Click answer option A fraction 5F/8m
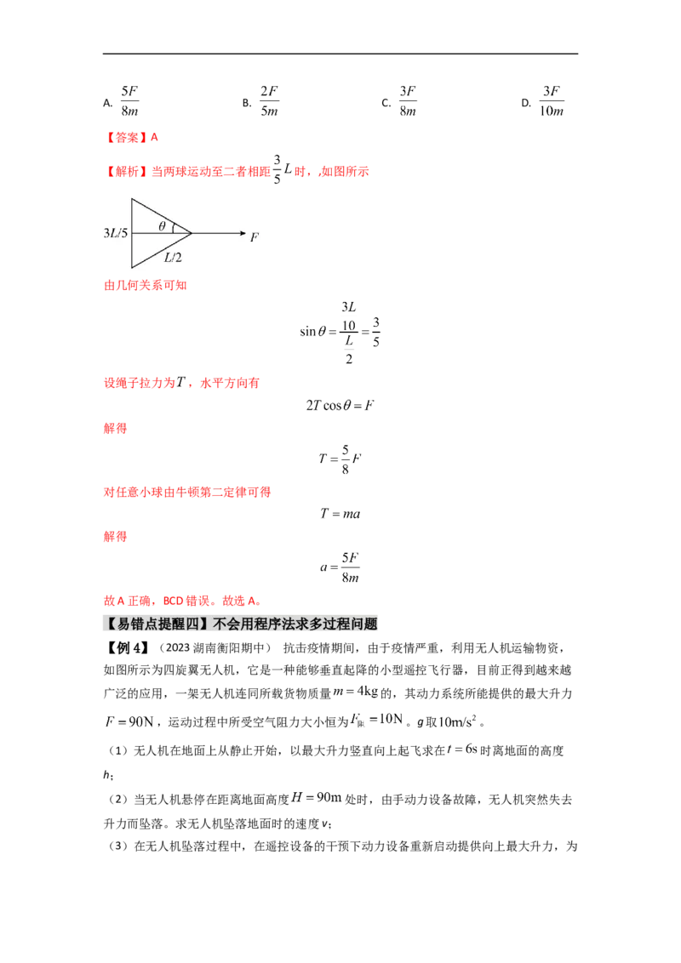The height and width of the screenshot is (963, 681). (129, 101)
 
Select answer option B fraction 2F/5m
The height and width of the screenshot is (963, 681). (269, 101)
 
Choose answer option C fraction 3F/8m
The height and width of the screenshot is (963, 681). (408, 101)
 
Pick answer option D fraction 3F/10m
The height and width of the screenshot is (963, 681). (552, 101)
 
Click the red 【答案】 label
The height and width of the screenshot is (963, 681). (125, 137)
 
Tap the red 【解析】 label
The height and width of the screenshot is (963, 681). (125, 171)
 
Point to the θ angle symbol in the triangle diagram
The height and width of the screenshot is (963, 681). (163, 226)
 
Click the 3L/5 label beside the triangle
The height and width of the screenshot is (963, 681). (116, 233)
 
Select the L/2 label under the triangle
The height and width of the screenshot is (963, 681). (173, 257)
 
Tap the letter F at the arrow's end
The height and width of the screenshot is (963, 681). (255, 236)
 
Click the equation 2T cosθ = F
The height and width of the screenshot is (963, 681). (340, 405)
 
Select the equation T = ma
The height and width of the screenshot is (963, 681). (340, 514)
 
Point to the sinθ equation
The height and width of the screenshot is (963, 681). (340, 333)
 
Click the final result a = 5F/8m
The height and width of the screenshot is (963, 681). (340, 567)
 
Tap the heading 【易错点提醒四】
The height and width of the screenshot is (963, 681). (157, 624)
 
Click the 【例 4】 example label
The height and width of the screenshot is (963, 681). (126, 648)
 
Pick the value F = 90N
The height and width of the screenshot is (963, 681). (129, 721)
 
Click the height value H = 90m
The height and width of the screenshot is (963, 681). (316, 798)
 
